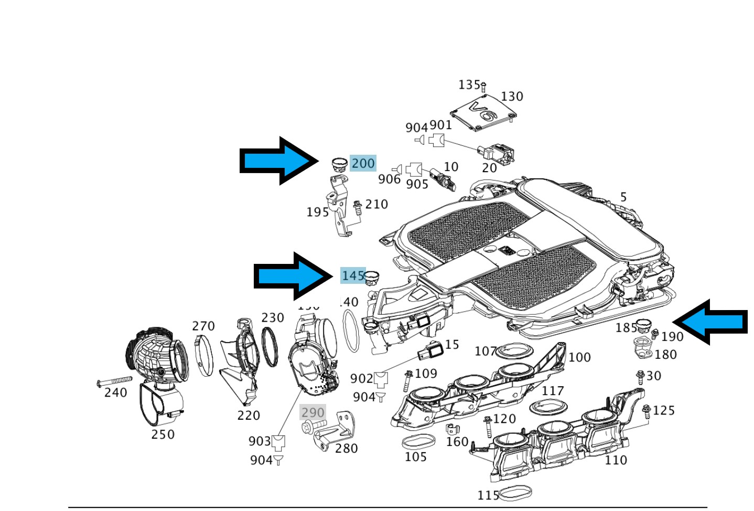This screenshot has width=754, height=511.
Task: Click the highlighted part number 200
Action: click(x=363, y=163)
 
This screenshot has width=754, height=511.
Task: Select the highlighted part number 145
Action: click(x=352, y=275)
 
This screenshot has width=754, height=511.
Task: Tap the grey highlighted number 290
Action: click(x=313, y=412)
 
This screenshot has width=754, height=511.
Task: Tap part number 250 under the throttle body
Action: click(x=163, y=434)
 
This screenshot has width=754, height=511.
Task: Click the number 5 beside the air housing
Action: click(x=623, y=197)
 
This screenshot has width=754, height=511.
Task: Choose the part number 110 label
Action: click(x=616, y=460)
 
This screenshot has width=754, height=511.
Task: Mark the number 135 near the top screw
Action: click(x=469, y=84)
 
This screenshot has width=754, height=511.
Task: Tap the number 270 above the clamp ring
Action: click(x=203, y=326)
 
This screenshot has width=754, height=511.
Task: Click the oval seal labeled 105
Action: click(x=418, y=441)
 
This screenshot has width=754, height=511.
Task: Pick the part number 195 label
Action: click(x=317, y=212)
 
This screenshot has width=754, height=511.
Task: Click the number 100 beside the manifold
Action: click(x=579, y=357)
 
